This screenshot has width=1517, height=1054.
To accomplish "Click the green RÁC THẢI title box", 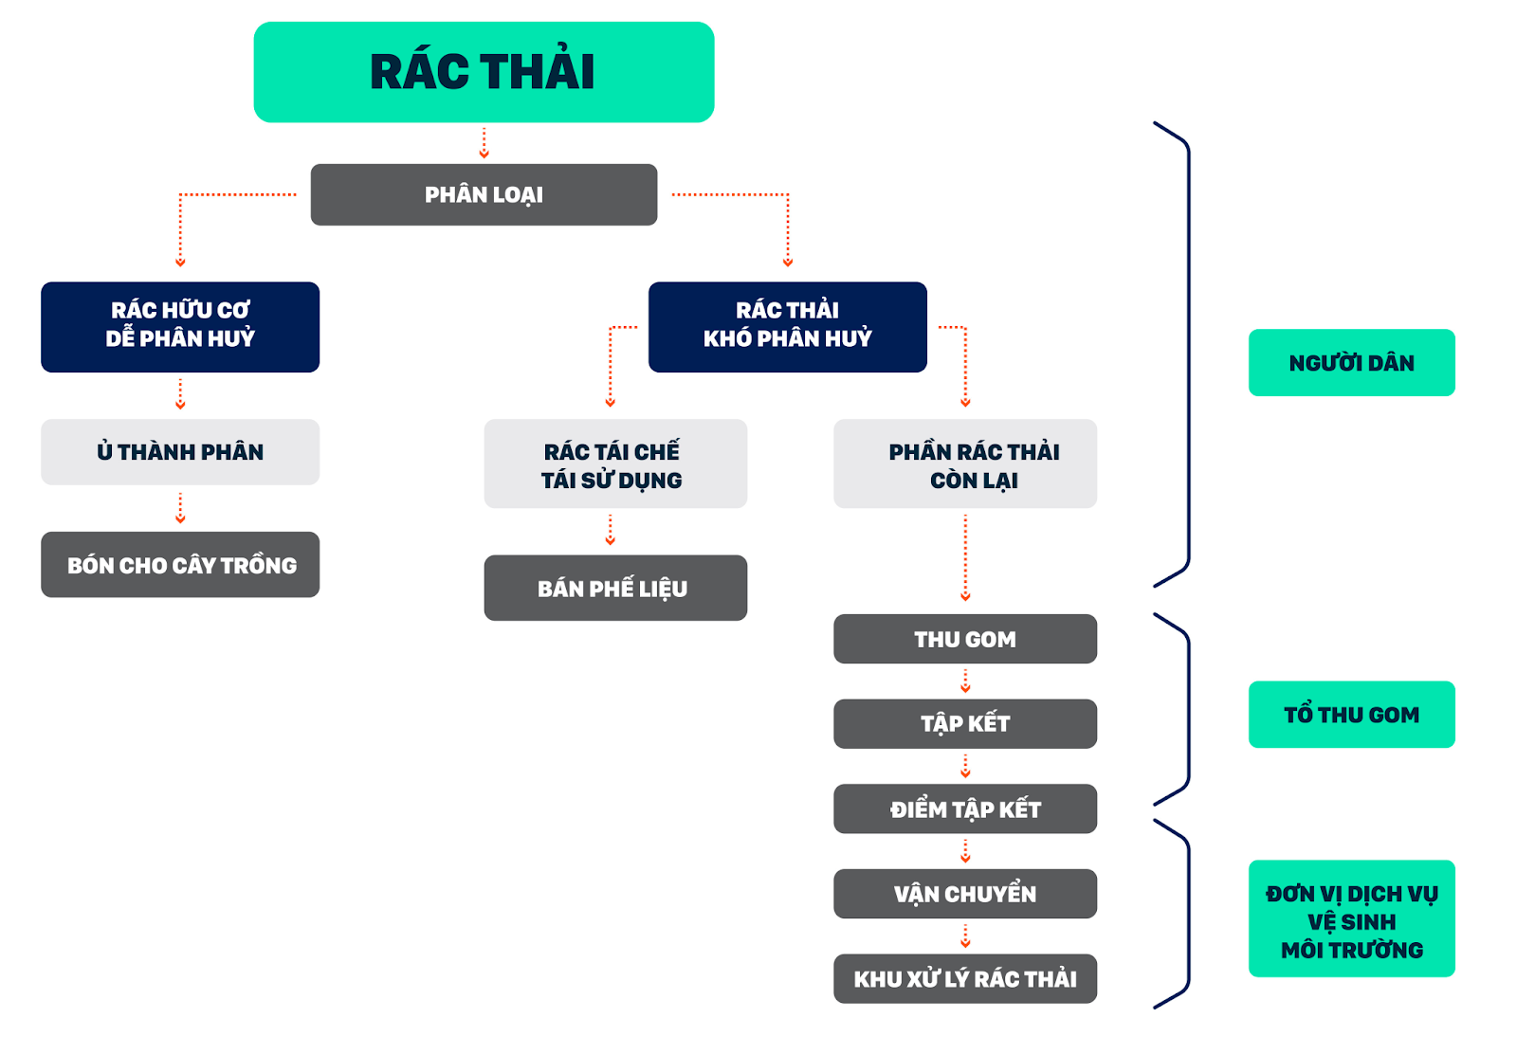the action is click(484, 72).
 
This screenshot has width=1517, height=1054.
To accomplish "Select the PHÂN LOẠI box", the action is click(484, 194).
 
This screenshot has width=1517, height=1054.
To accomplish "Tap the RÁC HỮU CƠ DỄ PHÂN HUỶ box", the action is click(180, 327).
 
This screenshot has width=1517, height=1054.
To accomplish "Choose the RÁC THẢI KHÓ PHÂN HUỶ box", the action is click(788, 327).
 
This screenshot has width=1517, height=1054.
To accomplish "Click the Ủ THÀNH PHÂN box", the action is click(180, 451).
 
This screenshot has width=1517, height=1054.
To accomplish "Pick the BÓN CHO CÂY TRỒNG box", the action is click(180, 565).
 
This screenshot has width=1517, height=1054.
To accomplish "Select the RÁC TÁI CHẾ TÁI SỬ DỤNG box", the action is click(615, 463).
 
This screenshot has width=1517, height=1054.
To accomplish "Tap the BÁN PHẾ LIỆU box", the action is click(615, 588).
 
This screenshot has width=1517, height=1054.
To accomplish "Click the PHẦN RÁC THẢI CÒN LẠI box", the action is click(965, 463).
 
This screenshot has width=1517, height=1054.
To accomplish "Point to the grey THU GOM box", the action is click(965, 638).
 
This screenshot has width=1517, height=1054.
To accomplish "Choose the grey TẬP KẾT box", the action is click(965, 723).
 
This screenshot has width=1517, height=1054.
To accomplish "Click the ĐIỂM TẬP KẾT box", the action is click(965, 809).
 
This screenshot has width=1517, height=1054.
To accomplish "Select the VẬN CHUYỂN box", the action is click(965, 894).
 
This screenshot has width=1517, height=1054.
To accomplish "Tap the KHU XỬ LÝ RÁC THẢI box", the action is click(965, 979).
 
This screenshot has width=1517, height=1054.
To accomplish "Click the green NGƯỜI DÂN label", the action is click(1352, 363).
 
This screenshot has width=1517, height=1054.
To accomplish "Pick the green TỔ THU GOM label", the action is click(1352, 714).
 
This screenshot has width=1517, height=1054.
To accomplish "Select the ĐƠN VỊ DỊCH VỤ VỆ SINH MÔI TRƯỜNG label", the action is click(1352, 918).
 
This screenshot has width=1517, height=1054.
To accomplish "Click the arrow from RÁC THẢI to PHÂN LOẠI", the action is click(484, 143).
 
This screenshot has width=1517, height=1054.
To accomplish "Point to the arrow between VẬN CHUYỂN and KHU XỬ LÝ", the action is click(965, 936).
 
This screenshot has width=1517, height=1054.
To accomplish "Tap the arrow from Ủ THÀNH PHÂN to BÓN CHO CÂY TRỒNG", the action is click(180, 508).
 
